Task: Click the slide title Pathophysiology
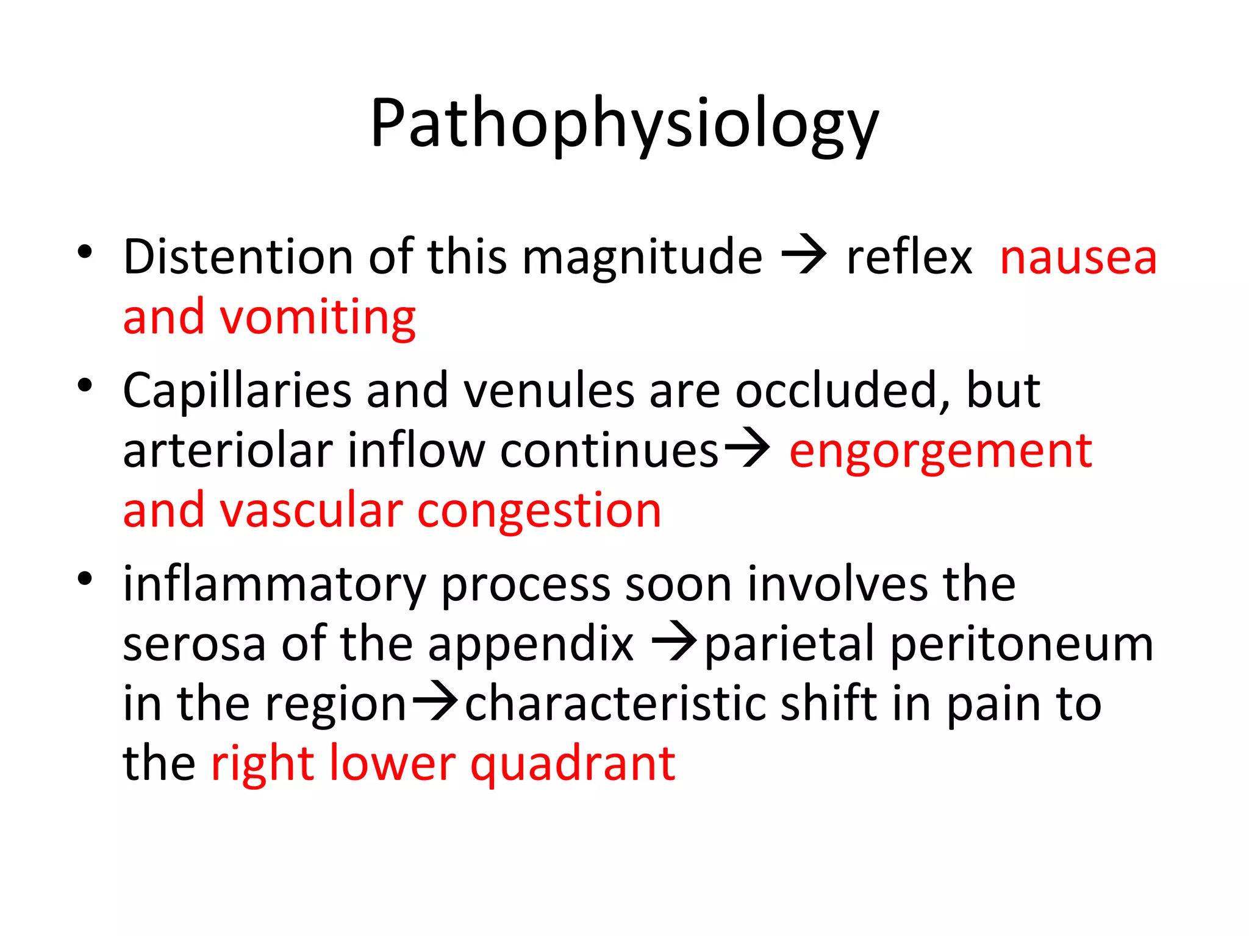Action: click(624, 125)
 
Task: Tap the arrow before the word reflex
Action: click(804, 255)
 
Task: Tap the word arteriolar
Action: click(227, 451)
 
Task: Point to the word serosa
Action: click(194, 645)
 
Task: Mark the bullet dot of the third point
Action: click(85, 578)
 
